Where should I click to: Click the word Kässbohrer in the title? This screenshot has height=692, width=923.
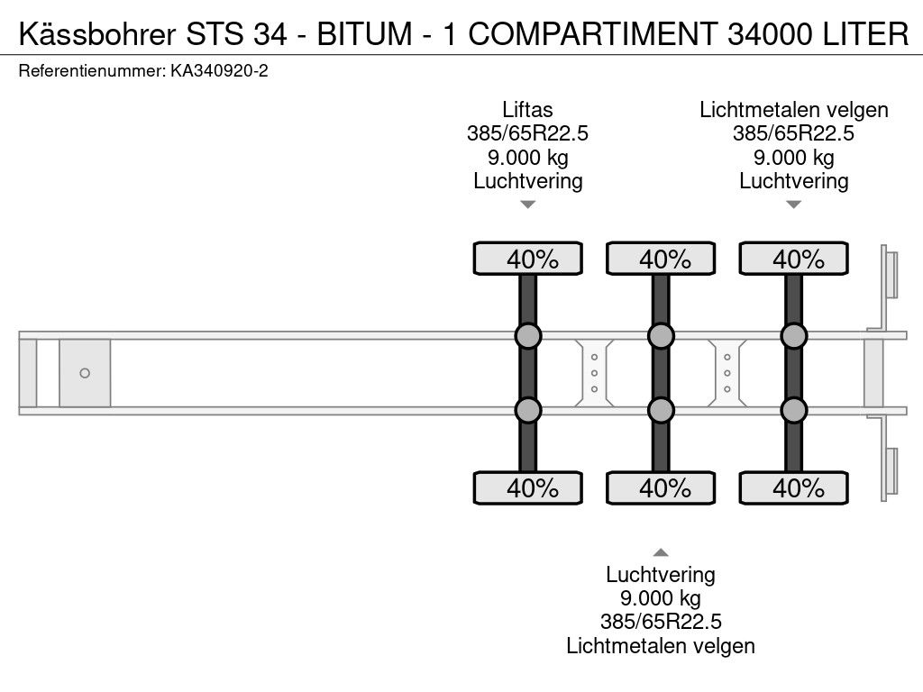(x=97, y=33)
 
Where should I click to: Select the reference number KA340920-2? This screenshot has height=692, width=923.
(x=219, y=71)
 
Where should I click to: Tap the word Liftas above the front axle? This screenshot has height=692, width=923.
(x=527, y=109)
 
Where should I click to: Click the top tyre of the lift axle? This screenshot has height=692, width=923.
(x=528, y=259)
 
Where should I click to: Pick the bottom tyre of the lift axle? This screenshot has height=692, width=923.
(x=528, y=487)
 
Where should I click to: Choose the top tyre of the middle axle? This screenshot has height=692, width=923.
(x=661, y=259)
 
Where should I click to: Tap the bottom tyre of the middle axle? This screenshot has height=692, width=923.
(x=661, y=487)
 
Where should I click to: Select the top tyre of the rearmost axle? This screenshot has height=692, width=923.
(x=794, y=259)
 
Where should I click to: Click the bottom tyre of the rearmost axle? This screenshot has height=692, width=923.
(x=794, y=487)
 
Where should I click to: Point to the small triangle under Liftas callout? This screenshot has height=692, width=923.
(x=528, y=205)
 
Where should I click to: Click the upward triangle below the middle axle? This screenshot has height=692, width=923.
(x=661, y=552)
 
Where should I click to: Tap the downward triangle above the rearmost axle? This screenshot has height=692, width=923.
(x=794, y=205)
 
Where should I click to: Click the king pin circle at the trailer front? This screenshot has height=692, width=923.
(x=85, y=373)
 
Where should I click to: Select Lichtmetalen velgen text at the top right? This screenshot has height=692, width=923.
(x=793, y=109)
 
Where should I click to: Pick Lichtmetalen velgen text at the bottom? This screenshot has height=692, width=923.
(x=661, y=645)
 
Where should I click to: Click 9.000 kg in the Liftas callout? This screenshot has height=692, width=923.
(x=528, y=157)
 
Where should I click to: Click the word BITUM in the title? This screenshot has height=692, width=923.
(x=365, y=33)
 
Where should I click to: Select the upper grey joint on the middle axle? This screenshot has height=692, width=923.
(x=661, y=336)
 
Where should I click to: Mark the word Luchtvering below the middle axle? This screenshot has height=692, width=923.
(x=661, y=574)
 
